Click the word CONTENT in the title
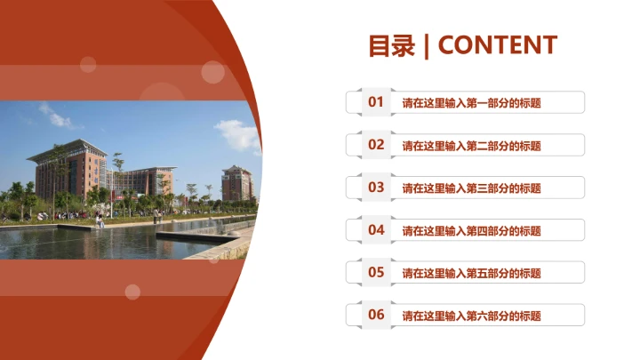point(498,45)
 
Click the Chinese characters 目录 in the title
point(392,45)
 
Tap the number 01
point(376,102)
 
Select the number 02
point(376,145)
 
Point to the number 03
point(376,188)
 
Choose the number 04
point(376,230)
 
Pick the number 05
point(376,273)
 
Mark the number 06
point(376,315)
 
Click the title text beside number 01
point(471,103)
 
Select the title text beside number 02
point(471,146)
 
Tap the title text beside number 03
point(471,188)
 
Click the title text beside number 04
point(471,231)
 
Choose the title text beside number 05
point(471,273)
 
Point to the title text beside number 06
point(471,316)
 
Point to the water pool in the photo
point(89,242)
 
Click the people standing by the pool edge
point(100,220)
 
